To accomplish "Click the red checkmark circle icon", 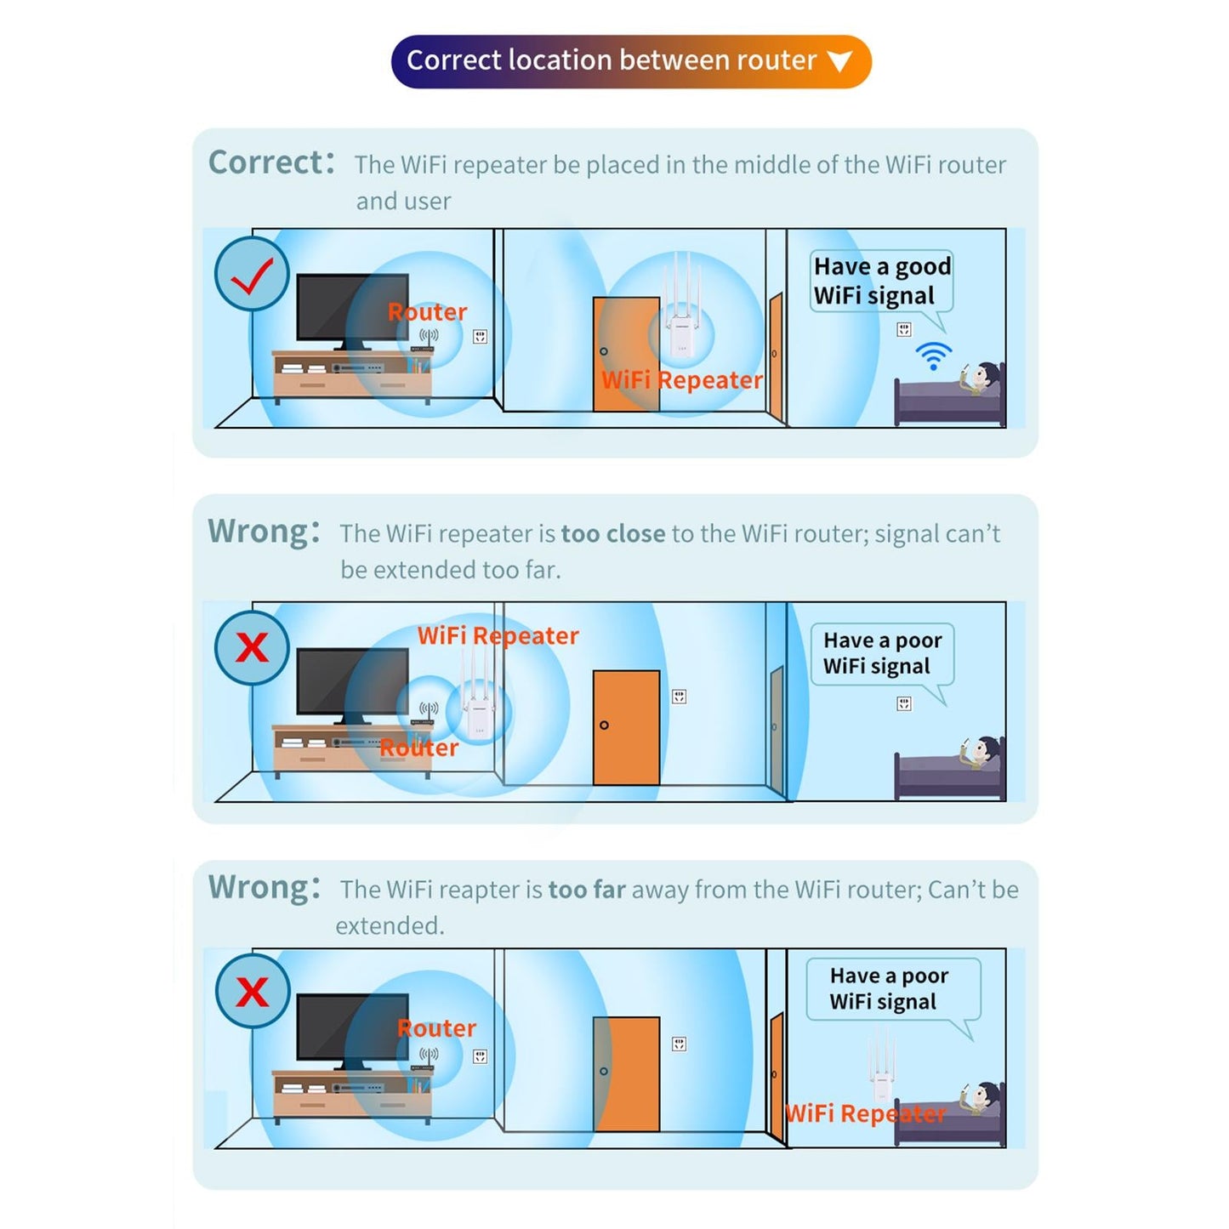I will click(252, 274).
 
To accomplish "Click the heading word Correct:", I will click(271, 162).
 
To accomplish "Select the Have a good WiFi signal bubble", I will click(881, 282).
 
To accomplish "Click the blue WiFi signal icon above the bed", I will click(933, 356).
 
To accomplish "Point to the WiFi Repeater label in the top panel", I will click(681, 380).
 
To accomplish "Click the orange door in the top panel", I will click(626, 354).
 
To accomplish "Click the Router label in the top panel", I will click(427, 312).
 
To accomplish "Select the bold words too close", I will click(612, 533).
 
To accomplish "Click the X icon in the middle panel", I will click(252, 648).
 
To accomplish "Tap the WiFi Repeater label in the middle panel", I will click(498, 635).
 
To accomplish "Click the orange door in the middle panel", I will click(626, 727).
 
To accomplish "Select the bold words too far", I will click(587, 890).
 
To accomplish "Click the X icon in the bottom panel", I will click(252, 992).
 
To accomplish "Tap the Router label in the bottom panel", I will click(436, 1028).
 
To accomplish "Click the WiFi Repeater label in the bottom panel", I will click(864, 1113).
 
